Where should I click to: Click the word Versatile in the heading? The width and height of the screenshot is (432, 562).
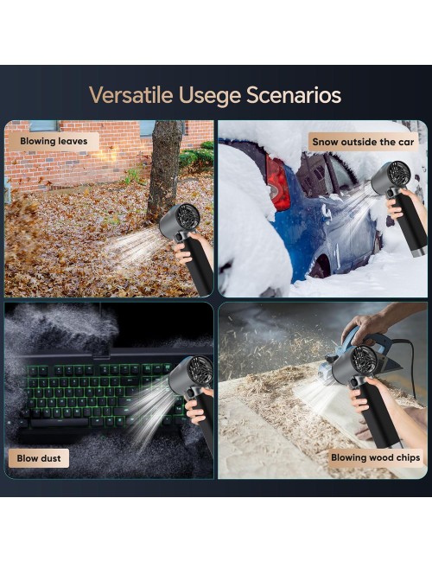point(130,95)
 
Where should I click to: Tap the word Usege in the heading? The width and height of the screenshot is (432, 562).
point(209,96)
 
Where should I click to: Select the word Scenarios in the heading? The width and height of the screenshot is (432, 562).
point(294,95)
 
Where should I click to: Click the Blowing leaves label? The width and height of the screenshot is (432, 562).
point(54,141)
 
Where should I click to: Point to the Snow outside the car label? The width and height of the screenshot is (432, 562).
point(363,142)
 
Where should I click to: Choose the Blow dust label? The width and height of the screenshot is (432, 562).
point(39,458)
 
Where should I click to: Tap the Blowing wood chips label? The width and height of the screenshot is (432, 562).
point(375,457)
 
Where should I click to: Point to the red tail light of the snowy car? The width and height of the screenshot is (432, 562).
point(276,182)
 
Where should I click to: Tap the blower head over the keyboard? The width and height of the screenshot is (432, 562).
point(191,375)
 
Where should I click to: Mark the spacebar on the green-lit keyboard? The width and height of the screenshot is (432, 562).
point(60,422)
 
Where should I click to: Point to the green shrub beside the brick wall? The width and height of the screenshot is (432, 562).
point(196,155)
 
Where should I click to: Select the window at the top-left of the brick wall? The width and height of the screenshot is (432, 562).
point(43,126)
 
